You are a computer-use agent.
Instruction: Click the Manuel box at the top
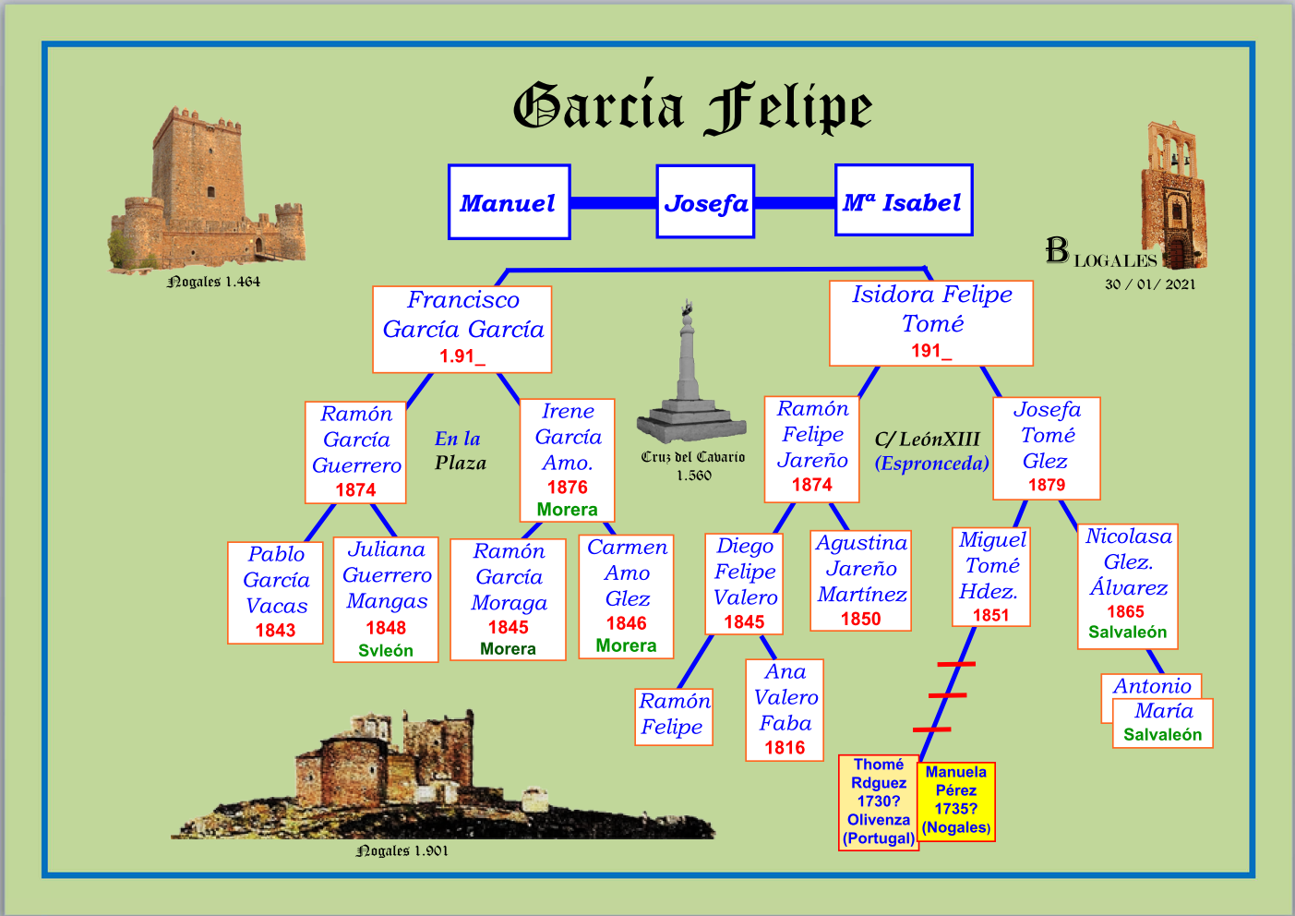(x=509, y=202)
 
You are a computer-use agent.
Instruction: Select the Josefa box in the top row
(x=705, y=202)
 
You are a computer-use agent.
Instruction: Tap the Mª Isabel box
(x=903, y=200)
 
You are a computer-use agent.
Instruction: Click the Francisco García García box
(x=462, y=329)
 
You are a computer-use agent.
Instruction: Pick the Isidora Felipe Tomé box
(x=930, y=323)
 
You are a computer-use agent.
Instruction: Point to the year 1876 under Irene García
(x=567, y=487)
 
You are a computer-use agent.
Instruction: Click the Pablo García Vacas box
(x=275, y=592)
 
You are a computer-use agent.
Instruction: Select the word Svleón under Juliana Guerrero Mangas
(x=386, y=650)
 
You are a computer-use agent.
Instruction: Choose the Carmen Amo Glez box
(x=626, y=596)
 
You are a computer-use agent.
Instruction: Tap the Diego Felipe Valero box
(x=744, y=584)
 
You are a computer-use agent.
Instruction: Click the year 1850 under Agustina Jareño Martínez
(x=860, y=619)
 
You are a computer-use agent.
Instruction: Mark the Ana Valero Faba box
(x=785, y=709)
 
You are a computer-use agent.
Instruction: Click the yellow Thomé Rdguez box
(x=879, y=801)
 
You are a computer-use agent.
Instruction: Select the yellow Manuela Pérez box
(x=956, y=800)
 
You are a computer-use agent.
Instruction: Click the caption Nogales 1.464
(x=213, y=282)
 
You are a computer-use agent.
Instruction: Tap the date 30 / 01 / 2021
(x=1150, y=284)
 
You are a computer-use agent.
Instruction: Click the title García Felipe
(x=692, y=107)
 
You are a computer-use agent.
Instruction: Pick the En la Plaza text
(x=460, y=451)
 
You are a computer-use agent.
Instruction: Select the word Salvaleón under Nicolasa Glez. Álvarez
(x=1127, y=632)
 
